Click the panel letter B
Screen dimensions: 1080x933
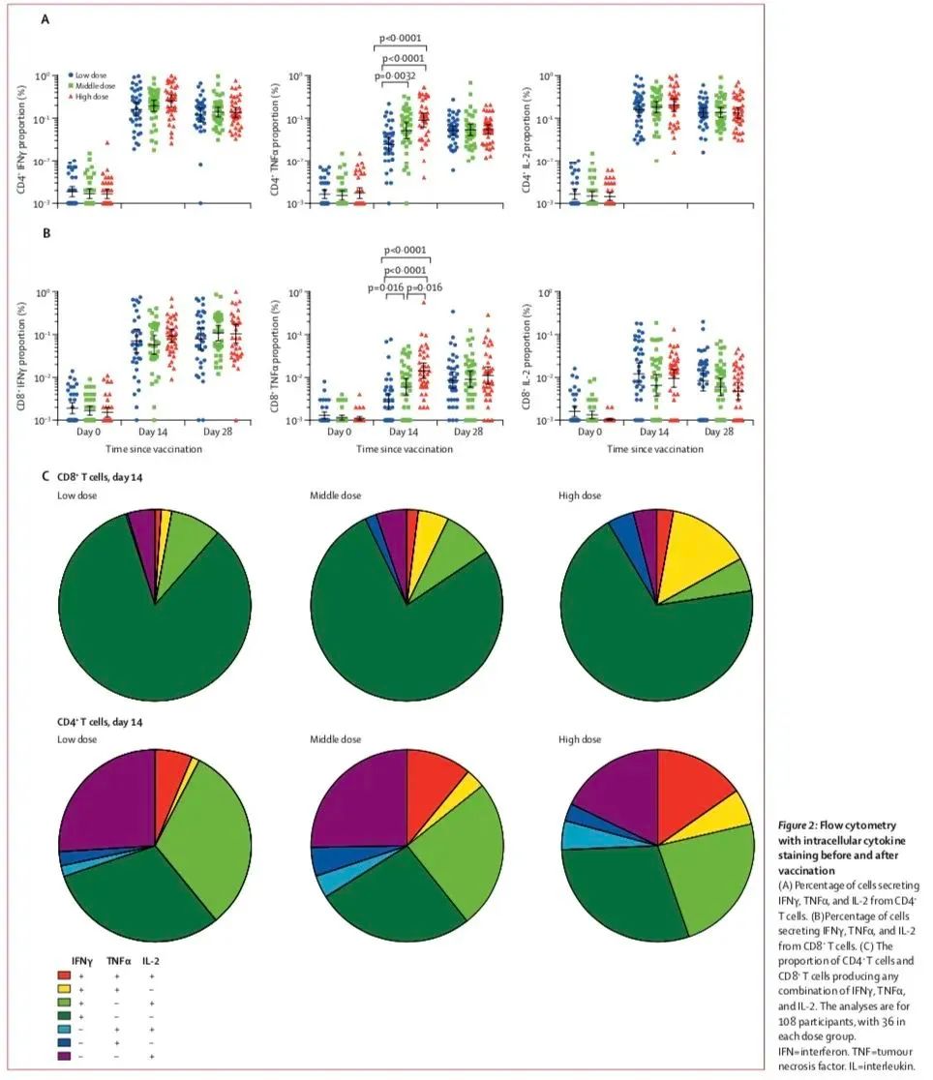tap(45, 233)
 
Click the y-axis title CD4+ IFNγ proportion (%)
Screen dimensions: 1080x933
tap(20, 138)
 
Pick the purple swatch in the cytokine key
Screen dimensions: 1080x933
tap(64, 1057)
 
